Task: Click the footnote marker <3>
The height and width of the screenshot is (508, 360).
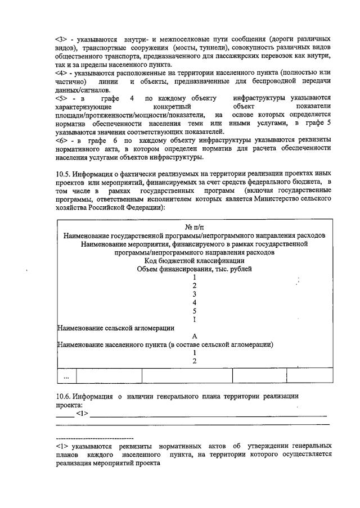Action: click(x=62, y=39)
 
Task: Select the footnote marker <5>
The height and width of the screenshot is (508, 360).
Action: click(x=62, y=98)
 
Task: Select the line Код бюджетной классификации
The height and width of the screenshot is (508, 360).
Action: click(x=194, y=260)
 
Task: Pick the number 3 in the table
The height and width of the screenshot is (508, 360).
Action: click(x=194, y=294)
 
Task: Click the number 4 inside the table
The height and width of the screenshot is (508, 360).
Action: click(x=194, y=302)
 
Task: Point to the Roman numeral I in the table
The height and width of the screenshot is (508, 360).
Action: click(x=194, y=319)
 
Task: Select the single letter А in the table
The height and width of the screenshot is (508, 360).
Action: click(x=194, y=336)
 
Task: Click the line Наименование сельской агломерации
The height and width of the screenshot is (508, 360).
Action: click(x=116, y=328)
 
